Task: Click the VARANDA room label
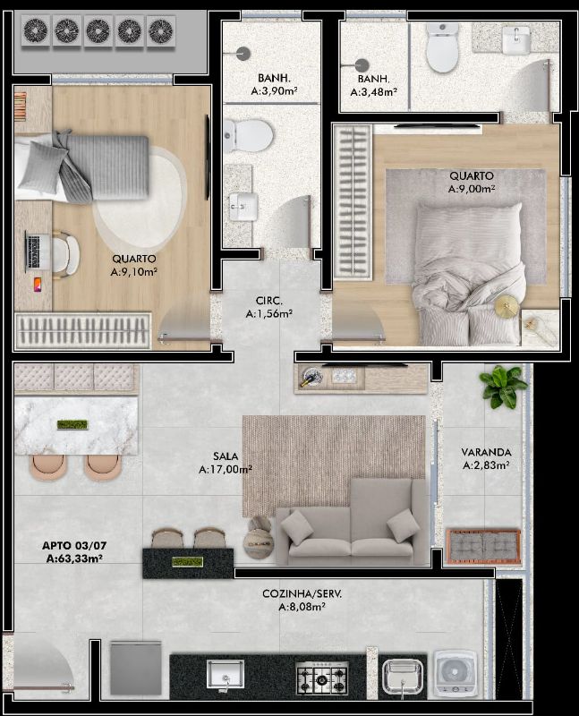486,452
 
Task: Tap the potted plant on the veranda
502,387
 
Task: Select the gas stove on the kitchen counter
322,678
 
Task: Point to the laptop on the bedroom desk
34,251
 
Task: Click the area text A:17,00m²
226,469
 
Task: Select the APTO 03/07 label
74,545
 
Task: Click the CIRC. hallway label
269,301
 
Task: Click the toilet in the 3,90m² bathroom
249,136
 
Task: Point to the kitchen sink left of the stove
226,675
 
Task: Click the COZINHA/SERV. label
302,593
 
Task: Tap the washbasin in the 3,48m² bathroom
516,39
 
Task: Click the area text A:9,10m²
134,272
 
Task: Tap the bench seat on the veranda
483,546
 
